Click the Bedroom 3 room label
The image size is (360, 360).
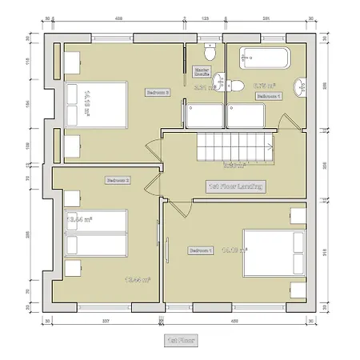point(157,93)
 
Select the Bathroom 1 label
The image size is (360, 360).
point(268,96)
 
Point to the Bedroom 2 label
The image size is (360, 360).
point(117,181)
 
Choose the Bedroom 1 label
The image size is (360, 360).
point(200,250)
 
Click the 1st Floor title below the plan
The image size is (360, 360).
point(175,339)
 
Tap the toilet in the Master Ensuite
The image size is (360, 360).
point(210,54)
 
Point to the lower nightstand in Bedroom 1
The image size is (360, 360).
point(297,286)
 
